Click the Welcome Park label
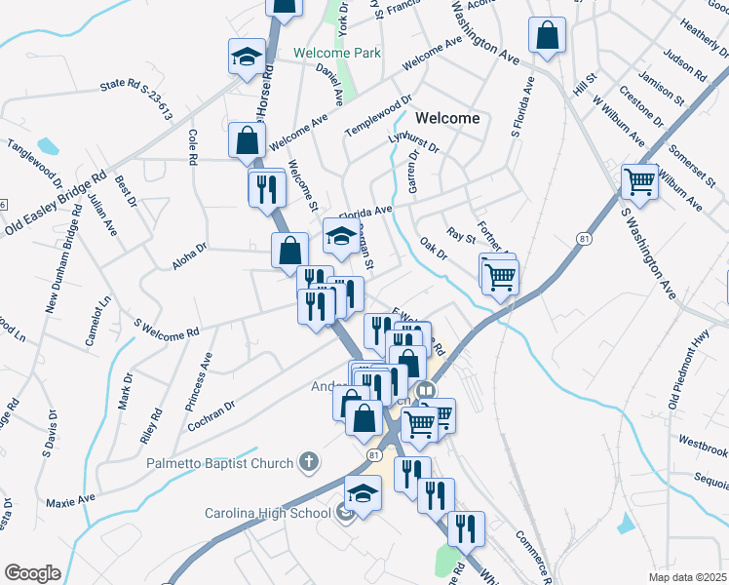[x=336, y=53]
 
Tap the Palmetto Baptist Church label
[x=221, y=462]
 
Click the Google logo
[x=32, y=573]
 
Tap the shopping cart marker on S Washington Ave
[x=640, y=181]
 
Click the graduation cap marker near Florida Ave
[x=340, y=236]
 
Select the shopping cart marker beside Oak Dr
[x=499, y=275]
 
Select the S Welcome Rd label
[x=166, y=329]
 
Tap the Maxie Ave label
[x=70, y=500]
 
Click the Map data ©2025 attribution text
[x=688, y=576]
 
